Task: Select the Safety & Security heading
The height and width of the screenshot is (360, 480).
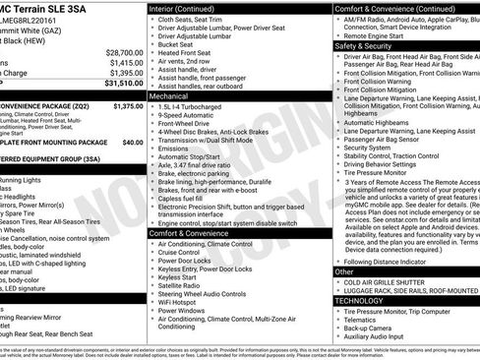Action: click(x=364, y=45)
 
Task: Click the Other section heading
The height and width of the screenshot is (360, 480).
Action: click(x=344, y=270)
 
